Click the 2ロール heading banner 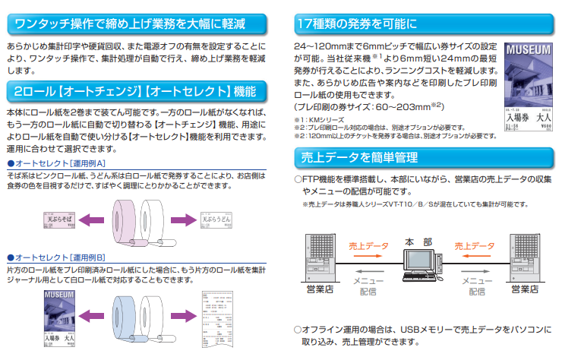pyautogui.click(x=137, y=92)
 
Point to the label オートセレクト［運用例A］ pyautogui.click(x=55, y=163)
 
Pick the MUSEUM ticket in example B pyautogui.click(x=60, y=313)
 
